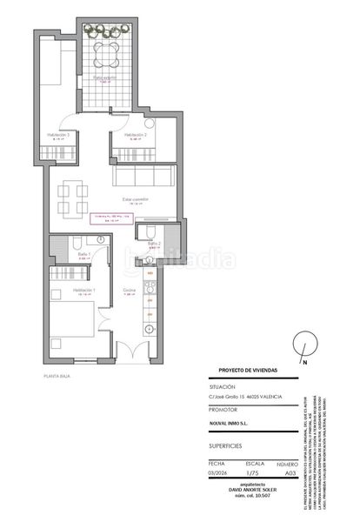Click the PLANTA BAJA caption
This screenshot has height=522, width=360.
point(57,376)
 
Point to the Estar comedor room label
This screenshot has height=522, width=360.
point(134,199)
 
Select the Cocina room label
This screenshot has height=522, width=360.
point(129,290)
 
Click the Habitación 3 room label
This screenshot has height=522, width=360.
point(58,136)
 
